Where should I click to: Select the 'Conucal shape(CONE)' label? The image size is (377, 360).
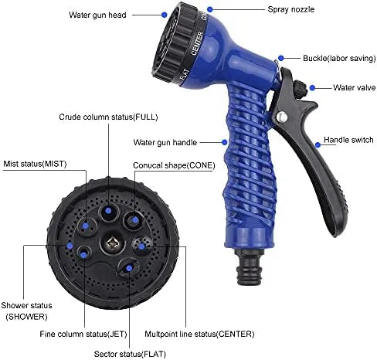tap(174, 165)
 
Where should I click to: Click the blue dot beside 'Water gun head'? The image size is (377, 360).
tap(164, 13)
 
